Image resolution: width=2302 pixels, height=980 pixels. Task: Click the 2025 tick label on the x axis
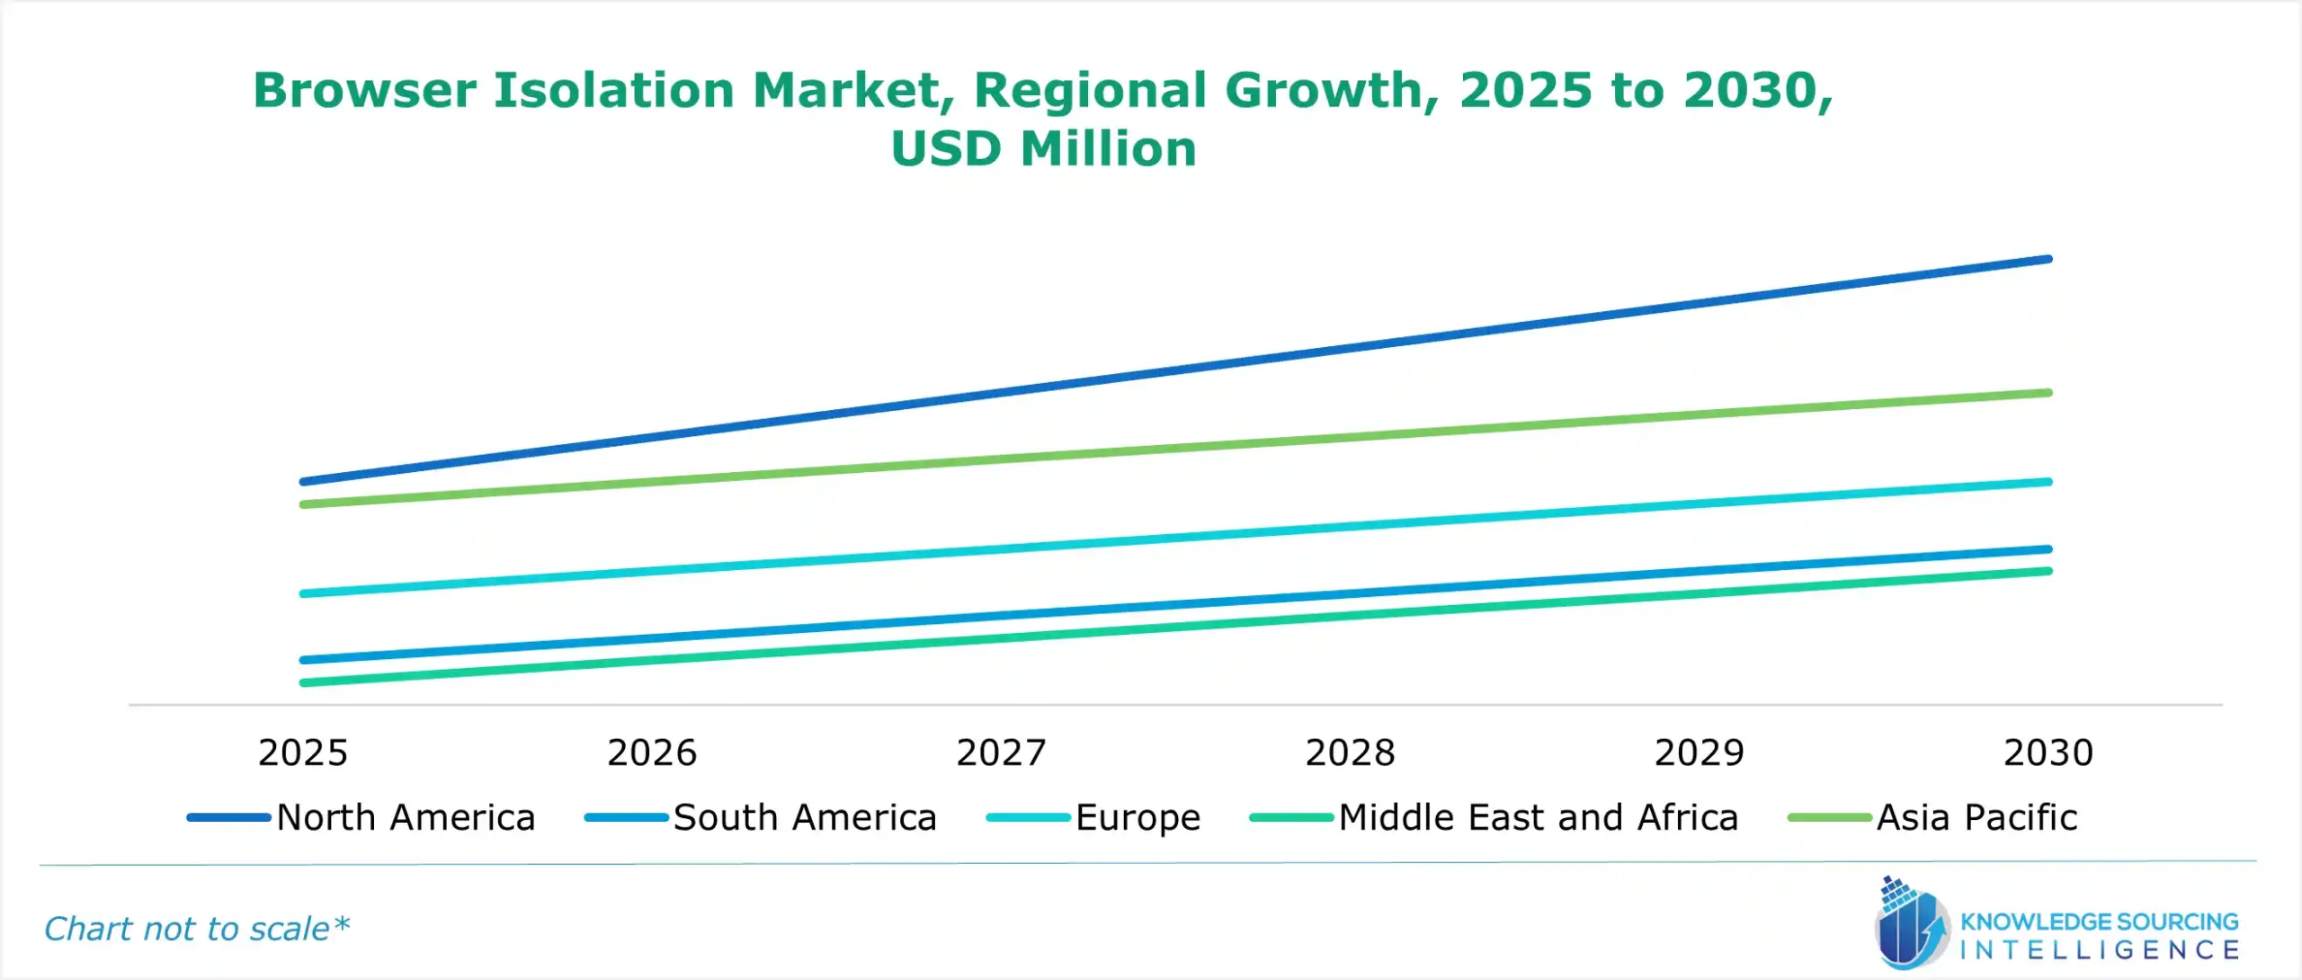(302, 753)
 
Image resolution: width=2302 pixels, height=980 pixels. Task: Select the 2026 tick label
(652, 753)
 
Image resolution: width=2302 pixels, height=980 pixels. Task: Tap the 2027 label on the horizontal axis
(1001, 753)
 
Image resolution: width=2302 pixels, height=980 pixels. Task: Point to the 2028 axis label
(1350, 753)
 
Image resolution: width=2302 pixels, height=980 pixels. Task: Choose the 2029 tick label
(1699, 753)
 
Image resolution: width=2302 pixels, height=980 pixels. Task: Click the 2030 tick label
(2048, 753)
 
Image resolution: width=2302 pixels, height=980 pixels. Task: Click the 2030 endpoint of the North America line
(2048, 260)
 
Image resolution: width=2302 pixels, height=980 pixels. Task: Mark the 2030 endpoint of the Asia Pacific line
(2048, 393)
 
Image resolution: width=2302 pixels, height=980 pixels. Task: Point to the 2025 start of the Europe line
(304, 593)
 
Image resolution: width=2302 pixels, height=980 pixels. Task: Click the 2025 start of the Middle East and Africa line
(304, 682)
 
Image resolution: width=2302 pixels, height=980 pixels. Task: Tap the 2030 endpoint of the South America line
(2048, 549)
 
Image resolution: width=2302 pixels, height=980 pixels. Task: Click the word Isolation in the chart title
(614, 91)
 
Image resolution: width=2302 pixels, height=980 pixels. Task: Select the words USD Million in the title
(1043, 149)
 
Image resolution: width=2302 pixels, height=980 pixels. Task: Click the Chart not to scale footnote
(196, 929)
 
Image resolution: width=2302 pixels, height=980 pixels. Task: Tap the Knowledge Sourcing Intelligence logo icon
(1911, 926)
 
